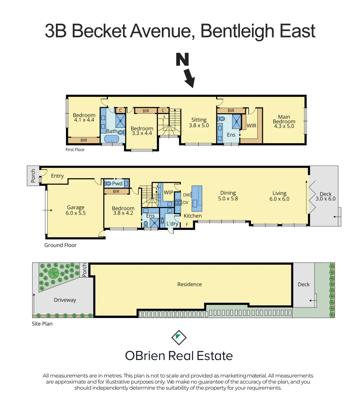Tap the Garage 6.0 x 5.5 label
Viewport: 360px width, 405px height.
click(x=76, y=210)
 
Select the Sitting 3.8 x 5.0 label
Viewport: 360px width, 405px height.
click(x=199, y=123)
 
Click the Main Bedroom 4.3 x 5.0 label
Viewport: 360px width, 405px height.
click(x=284, y=121)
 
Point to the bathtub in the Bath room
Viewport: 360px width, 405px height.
click(x=111, y=139)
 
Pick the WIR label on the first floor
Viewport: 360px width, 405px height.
click(x=251, y=126)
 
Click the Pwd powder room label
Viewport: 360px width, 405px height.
click(x=117, y=183)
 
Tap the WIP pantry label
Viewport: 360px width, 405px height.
click(x=168, y=192)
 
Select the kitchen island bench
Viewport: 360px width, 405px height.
click(x=196, y=198)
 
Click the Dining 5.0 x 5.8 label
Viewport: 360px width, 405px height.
click(x=228, y=196)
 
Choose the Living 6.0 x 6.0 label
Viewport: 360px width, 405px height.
click(x=279, y=196)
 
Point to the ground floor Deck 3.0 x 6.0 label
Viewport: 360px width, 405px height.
click(x=325, y=196)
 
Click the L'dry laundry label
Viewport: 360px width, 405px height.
click(x=172, y=224)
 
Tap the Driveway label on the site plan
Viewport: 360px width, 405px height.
click(x=65, y=300)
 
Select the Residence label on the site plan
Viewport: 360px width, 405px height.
click(x=189, y=284)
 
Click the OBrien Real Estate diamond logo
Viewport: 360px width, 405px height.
click(x=179, y=337)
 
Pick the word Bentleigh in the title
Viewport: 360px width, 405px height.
click(x=240, y=31)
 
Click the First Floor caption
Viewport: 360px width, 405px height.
click(x=75, y=150)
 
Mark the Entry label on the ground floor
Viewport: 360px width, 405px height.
click(x=57, y=176)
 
